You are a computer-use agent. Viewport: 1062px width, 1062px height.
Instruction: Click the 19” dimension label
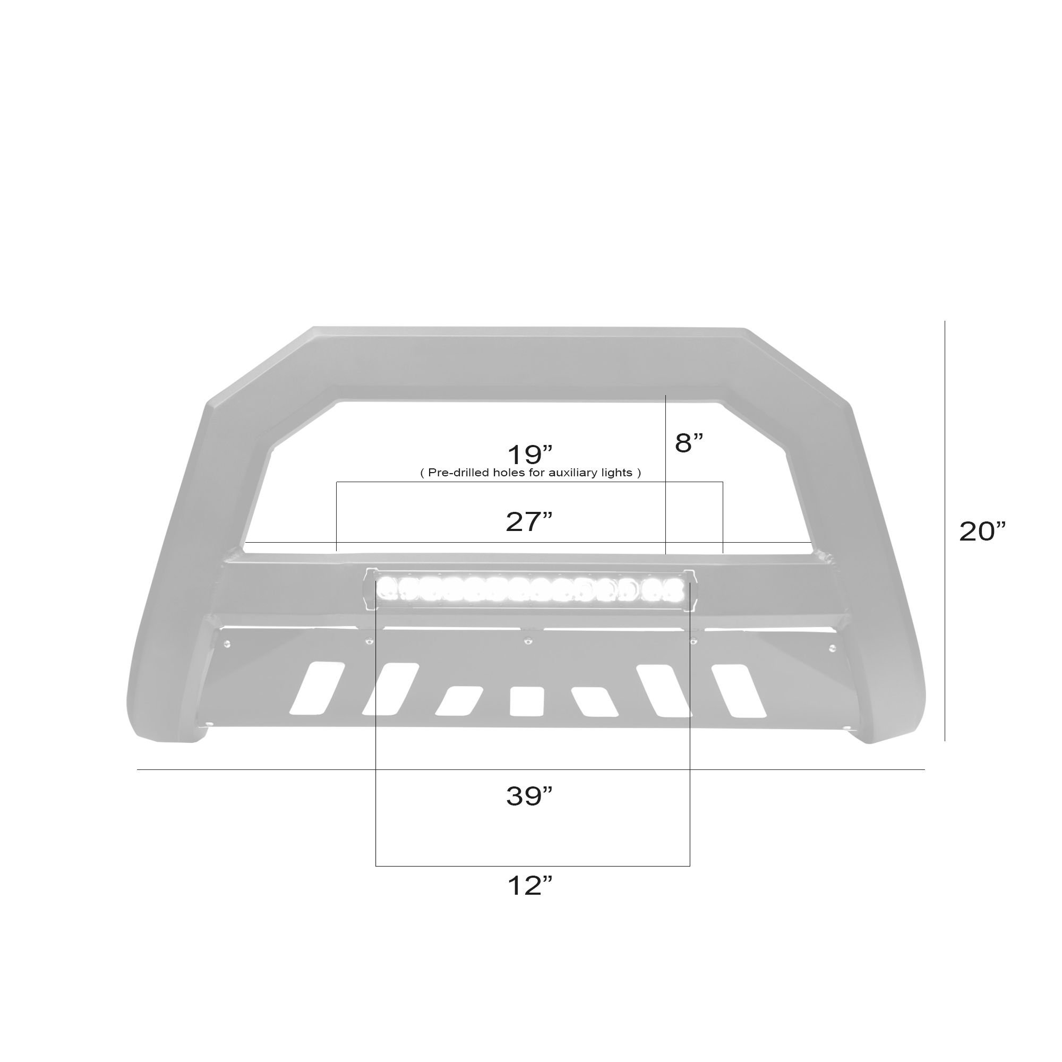tap(529, 455)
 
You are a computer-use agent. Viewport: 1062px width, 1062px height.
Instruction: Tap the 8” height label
tap(689, 442)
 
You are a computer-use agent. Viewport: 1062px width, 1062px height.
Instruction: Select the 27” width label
tap(529, 521)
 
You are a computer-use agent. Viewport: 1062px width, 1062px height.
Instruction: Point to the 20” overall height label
tap(982, 531)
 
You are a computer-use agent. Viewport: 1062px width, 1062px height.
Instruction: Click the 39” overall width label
tap(529, 796)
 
